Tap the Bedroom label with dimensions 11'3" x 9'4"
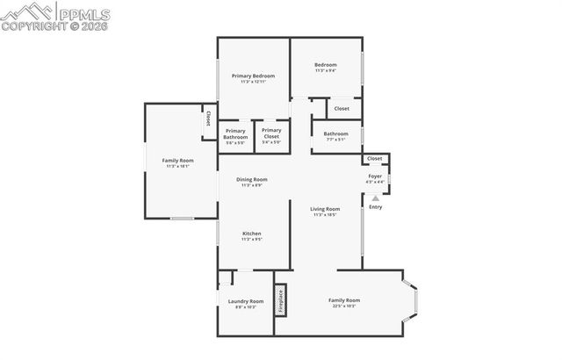coord(325,67)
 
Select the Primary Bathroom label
coord(235,134)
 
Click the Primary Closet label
coord(271,133)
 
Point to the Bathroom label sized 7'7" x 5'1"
coord(335,136)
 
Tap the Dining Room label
coord(253,182)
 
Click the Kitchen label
coord(252,235)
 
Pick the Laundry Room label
coord(245,304)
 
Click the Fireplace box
coord(281,301)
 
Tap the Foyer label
coord(375,178)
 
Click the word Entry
coord(376,207)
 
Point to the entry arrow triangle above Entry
coord(376,198)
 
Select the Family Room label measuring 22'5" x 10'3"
coord(344,303)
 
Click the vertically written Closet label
coord(208,117)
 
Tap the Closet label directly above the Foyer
coord(375,159)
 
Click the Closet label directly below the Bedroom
coord(342,109)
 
